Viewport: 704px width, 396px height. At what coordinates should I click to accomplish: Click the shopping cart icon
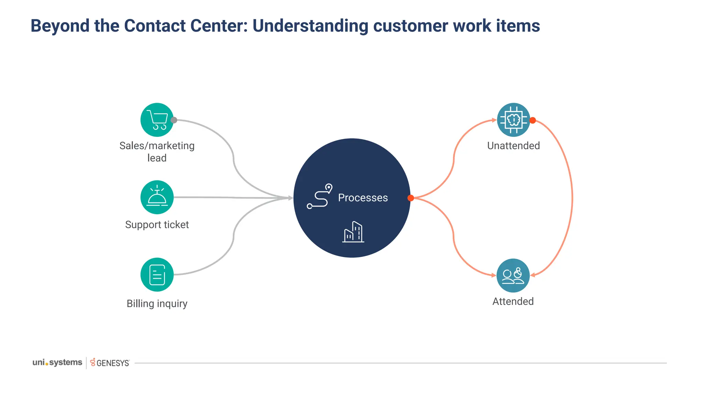pyautogui.click(x=157, y=120)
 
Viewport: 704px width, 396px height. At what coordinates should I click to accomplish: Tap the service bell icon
pyautogui.click(x=157, y=197)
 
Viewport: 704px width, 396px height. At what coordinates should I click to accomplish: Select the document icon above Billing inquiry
pyautogui.click(x=157, y=275)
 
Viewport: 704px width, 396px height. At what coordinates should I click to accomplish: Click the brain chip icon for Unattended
pyautogui.click(x=514, y=120)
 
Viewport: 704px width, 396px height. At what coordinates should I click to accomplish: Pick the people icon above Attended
pyautogui.click(x=513, y=275)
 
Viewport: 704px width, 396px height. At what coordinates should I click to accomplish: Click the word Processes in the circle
pyautogui.click(x=363, y=198)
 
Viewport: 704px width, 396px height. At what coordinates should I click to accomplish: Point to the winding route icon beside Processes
pyautogui.click(x=319, y=196)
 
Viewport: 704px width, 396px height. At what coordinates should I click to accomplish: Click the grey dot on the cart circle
pyautogui.click(x=174, y=120)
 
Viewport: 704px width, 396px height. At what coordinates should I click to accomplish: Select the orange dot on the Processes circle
pyautogui.click(x=410, y=198)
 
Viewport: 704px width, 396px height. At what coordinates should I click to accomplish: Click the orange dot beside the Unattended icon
pyautogui.click(x=532, y=120)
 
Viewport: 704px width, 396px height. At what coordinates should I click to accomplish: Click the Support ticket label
pyautogui.click(x=157, y=224)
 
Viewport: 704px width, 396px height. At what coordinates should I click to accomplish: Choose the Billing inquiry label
pyautogui.click(x=157, y=304)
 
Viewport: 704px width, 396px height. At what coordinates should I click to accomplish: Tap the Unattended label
pyautogui.click(x=513, y=145)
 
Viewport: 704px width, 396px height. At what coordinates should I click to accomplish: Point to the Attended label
pyautogui.click(x=513, y=301)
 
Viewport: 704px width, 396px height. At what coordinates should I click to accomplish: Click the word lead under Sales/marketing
pyautogui.click(x=157, y=158)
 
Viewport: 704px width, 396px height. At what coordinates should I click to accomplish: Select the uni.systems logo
pyautogui.click(x=57, y=362)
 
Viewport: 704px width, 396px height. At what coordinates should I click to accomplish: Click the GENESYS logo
pyautogui.click(x=110, y=363)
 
